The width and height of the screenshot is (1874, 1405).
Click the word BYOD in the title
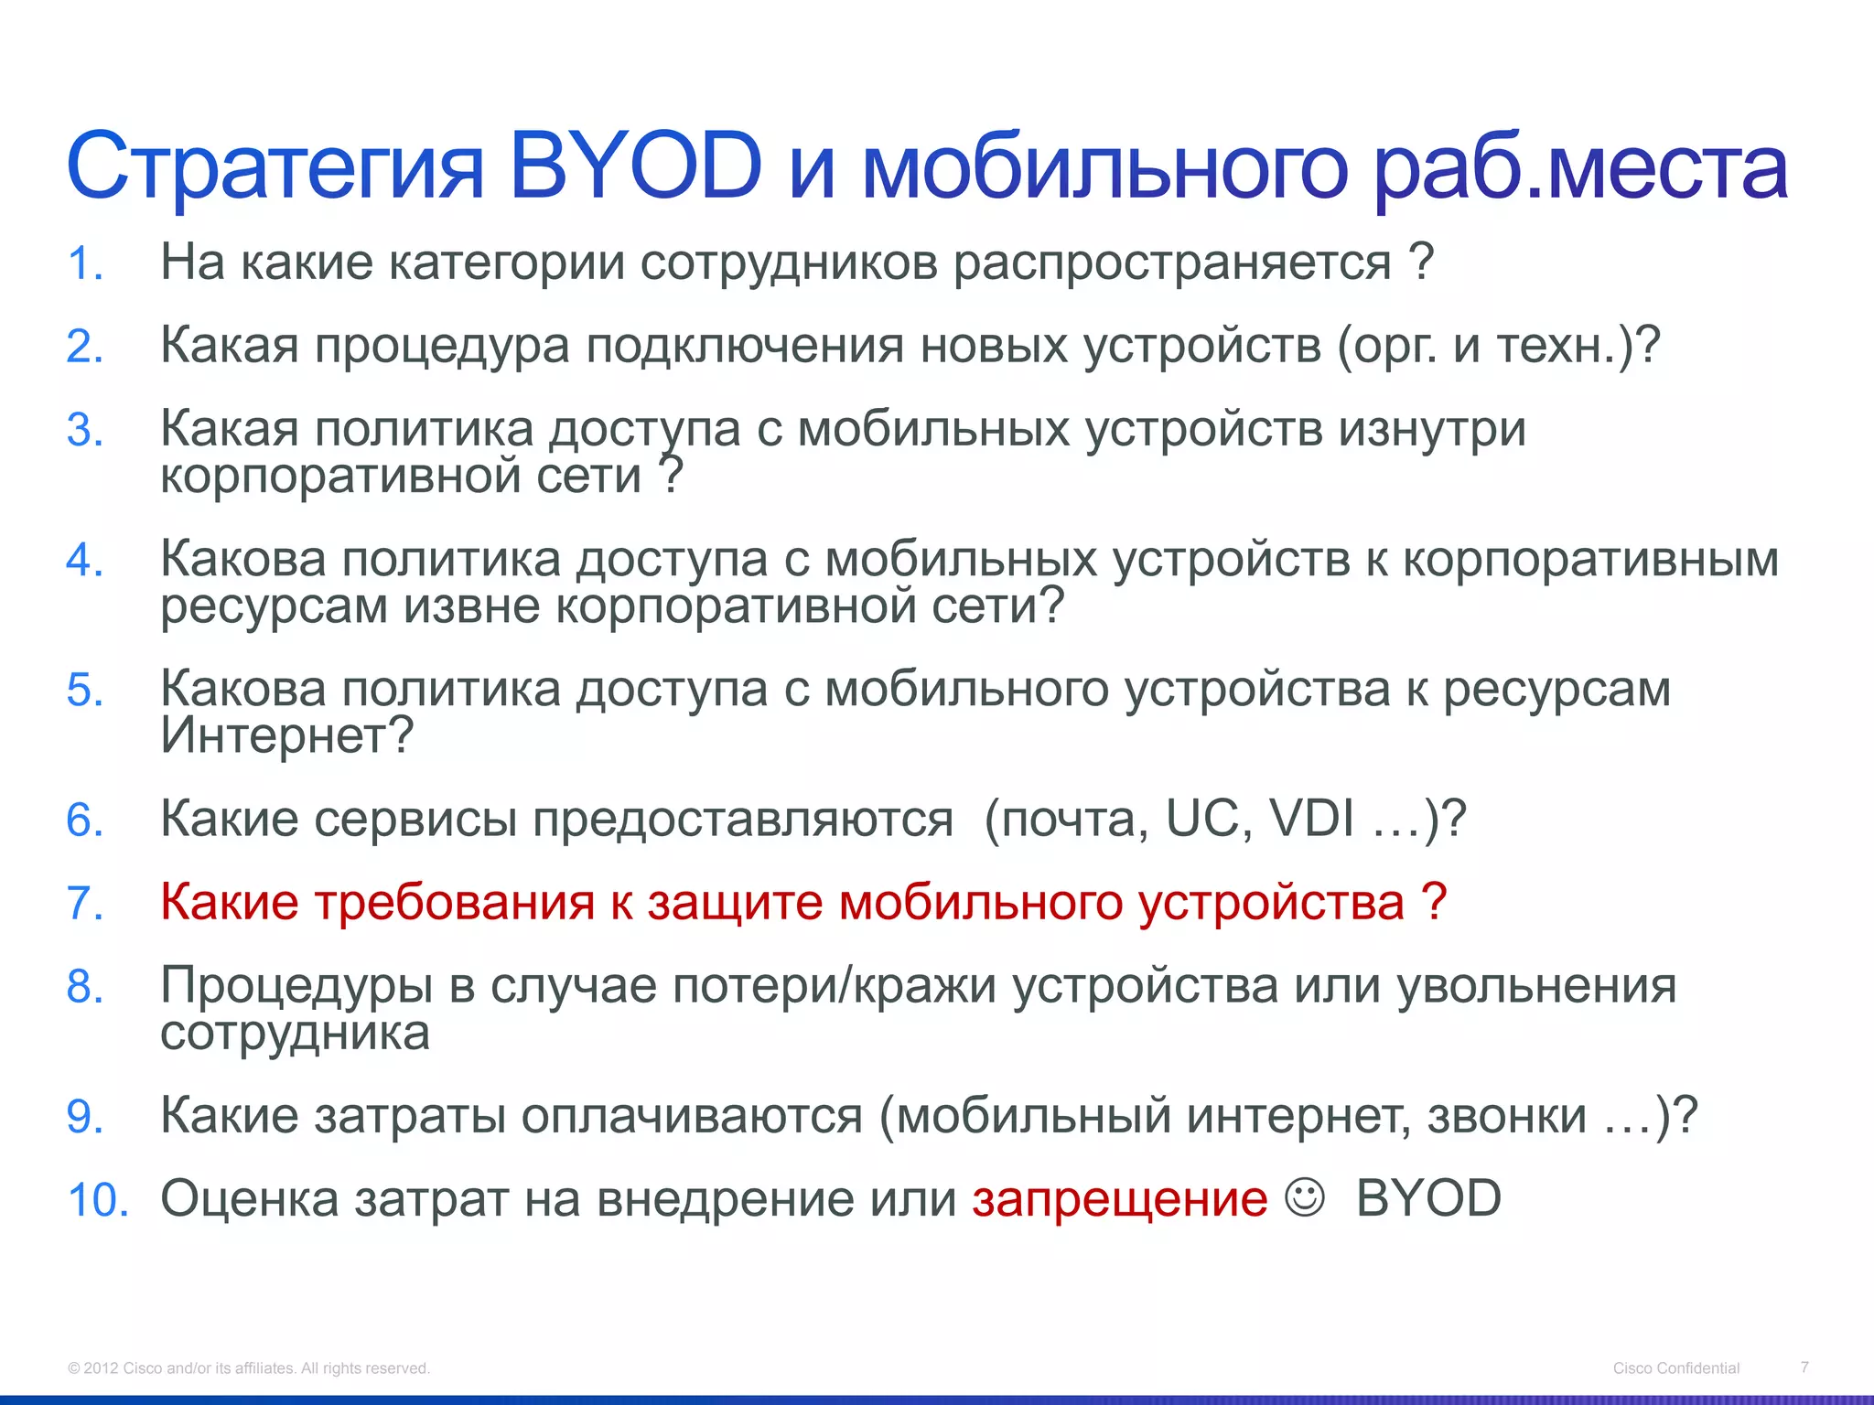pyautogui.click(x=635, y=166)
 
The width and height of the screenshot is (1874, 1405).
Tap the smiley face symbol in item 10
pyautogui.click(x=1304, y=1197)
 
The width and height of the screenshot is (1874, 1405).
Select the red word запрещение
pyautogui.click(x=1119, y=1199)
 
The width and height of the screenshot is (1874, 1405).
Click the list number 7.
pyautogui.click(x=84, y=904)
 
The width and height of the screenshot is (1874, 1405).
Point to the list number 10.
pyautogui.click(x=98, y=1200)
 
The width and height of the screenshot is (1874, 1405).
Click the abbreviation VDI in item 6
pyautogui.click(x=1311, y=819)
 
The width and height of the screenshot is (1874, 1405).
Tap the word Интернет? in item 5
pyautogui.click(x=287, y=735)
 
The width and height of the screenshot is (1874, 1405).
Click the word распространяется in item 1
pyautogui.click(x=1172, y=263)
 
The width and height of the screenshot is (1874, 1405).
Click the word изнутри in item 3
pyautogui.click(x=1433, y=430)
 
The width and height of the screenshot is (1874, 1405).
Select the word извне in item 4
pyautogui.click(x=472, y=606)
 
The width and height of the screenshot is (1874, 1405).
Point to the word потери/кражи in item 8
pyautogui.click(x=834, y=987)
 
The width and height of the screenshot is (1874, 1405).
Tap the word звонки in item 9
pyautogui.click(x=1506, y=1116)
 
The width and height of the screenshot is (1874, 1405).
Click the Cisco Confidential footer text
pyautogui.click(x=1675, y=1368)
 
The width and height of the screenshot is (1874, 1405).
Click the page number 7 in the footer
pyautogui.click(x=1804, y=1367)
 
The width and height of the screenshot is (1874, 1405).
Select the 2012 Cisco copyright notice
pyautogui.click(x=249, y=1368)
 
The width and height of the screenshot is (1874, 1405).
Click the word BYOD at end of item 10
pyautogui.click(x=1428, y=1199)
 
